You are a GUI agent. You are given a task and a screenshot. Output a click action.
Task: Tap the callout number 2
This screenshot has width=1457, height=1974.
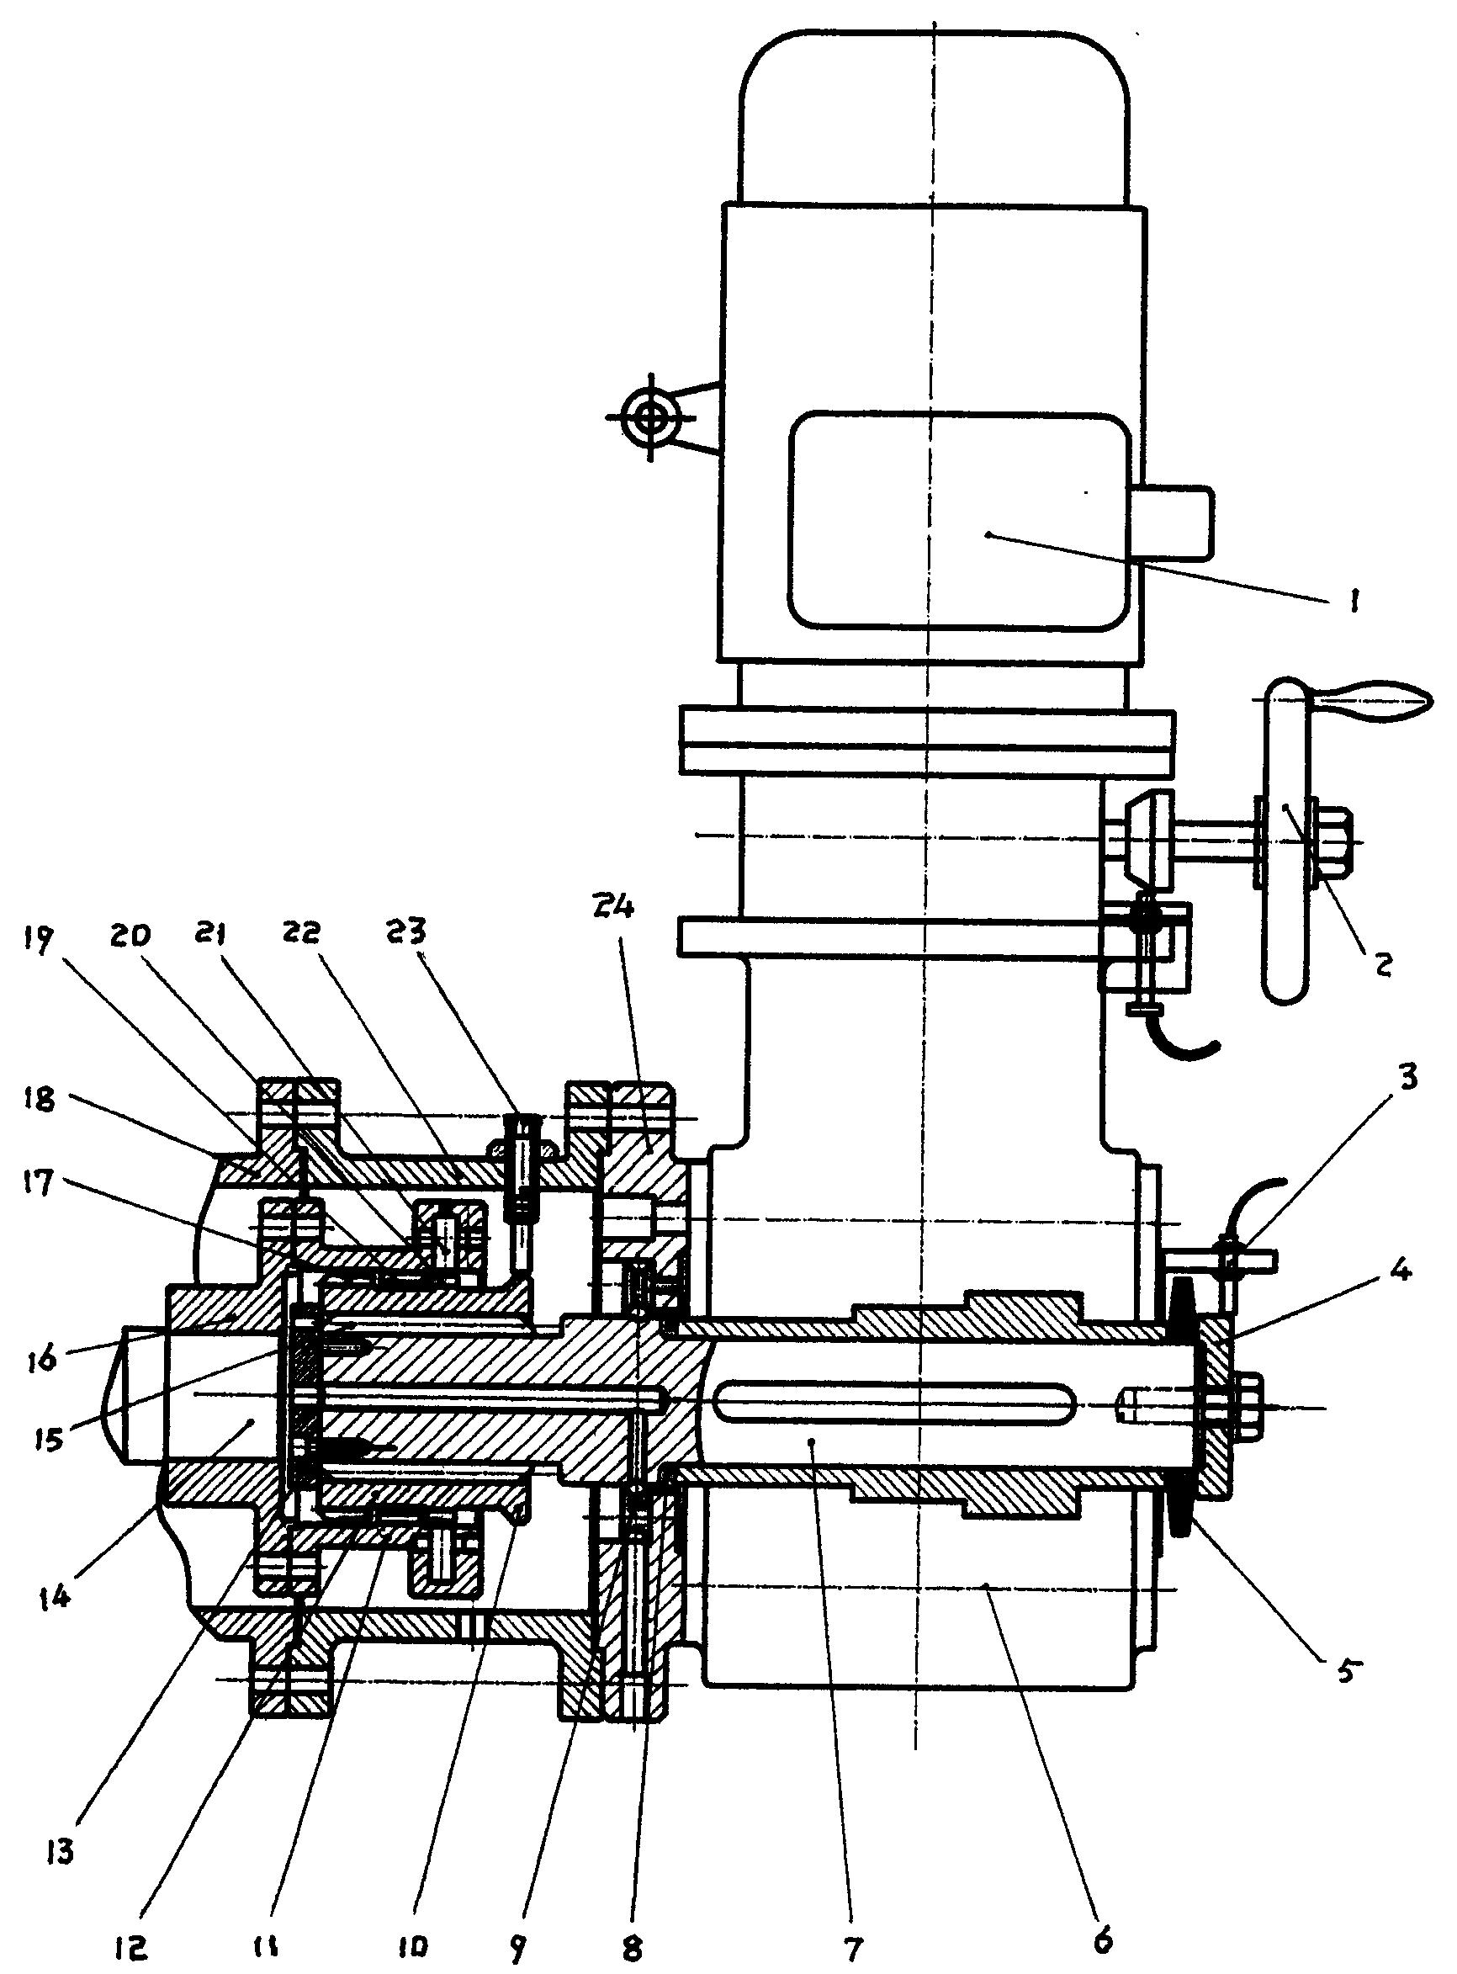click(x=1382, y=964)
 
